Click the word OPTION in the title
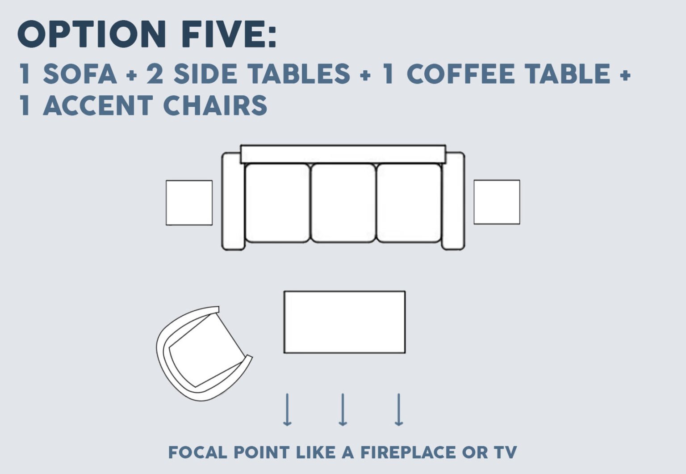[92, 34]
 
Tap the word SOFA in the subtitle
[80, 74]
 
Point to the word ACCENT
[98, 106]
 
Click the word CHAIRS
[215, 106]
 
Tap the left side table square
[189, 203]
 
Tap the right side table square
[497, 202]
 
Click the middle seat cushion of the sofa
[343, 203]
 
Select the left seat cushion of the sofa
[277, 203]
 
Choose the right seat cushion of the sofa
[409, 203]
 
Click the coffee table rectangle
[344, 322]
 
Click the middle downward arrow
[343, 409]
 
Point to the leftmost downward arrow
[287, 409]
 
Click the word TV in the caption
[505, 452]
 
